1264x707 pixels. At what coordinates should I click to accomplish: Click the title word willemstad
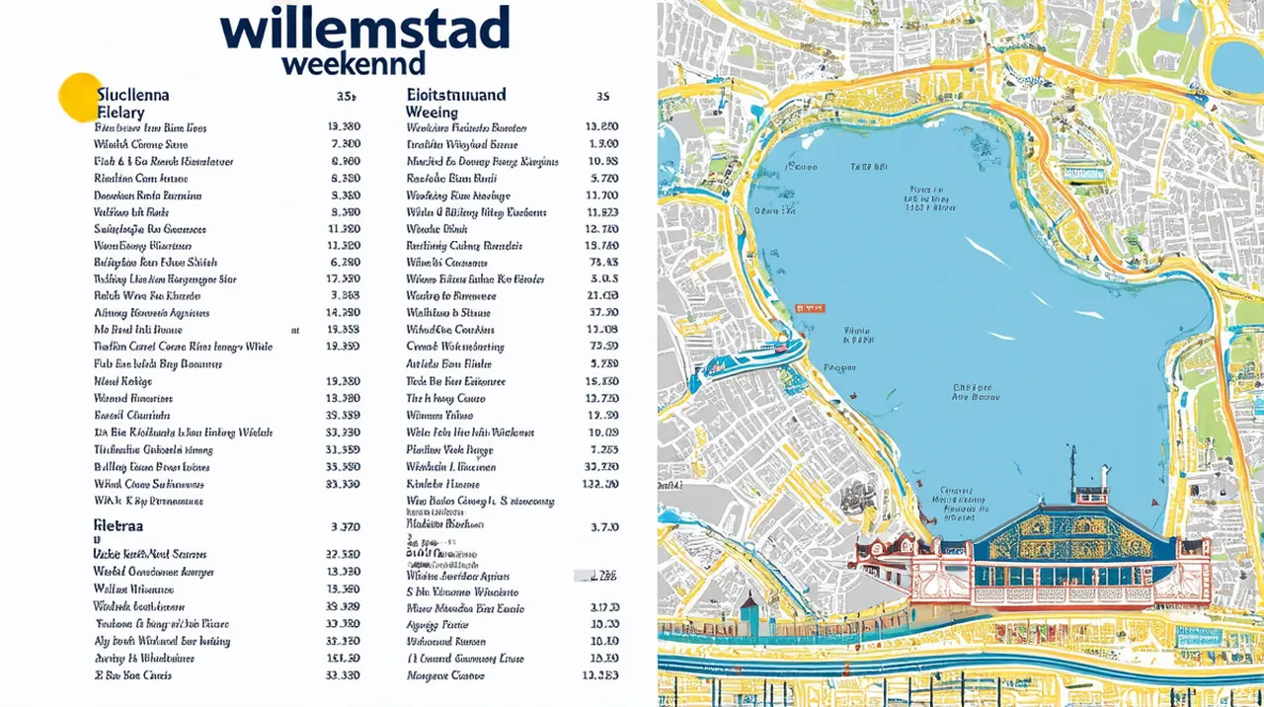[x=365, y=29]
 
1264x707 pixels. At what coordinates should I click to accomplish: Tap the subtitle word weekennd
[x=353, y=64]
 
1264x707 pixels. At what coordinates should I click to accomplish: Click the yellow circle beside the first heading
[x=79, y=97]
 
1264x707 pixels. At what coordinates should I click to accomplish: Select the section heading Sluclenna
[x=133, y=96]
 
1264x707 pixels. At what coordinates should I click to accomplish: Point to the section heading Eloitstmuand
[x=456, y=96]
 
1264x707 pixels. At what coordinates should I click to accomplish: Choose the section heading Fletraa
[x=119, y=524]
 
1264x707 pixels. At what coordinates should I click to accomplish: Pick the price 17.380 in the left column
[x=343, y=279]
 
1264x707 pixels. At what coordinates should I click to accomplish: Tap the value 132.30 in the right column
[x=600, y=484]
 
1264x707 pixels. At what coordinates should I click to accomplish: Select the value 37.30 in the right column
[x=602, y=313]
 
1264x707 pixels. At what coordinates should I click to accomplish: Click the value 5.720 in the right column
[x=603, y=179]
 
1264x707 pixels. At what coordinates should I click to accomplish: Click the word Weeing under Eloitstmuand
[x=432, y=113]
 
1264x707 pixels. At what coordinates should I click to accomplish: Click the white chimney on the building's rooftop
[x=1106, y=478]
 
